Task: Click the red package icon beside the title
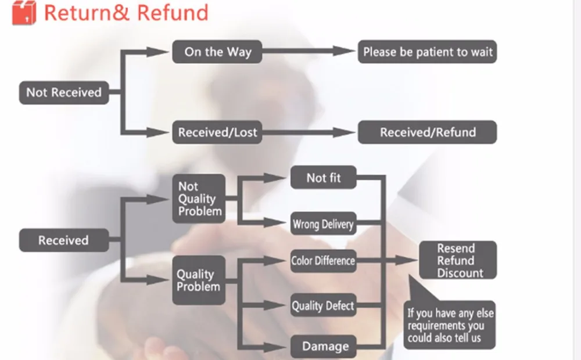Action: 24,13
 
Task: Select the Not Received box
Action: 64,92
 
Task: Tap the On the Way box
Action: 218,52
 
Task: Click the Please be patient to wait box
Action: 428,52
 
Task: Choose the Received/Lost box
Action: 218,132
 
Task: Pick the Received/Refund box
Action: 428,132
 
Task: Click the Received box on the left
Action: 64,240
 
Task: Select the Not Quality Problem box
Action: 199,199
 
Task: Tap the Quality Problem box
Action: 199,280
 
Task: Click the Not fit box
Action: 324,178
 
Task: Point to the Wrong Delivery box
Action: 324,224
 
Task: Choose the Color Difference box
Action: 324,261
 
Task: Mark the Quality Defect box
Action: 324,305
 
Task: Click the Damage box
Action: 324,347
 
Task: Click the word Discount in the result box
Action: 460,273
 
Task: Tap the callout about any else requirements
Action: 450,325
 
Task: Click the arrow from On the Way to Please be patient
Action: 308,52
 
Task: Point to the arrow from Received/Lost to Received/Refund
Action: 308,132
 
